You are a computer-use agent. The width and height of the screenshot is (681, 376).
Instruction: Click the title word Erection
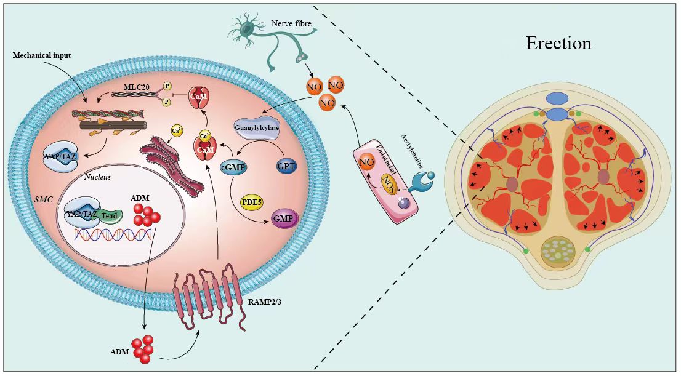(x=558, y=44)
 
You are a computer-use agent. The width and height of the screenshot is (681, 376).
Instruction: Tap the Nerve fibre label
(x=291, y=24)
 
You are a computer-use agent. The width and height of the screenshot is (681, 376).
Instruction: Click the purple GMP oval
(x=284, y=218)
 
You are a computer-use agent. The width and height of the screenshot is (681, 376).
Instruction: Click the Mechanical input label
(x=42, y=56)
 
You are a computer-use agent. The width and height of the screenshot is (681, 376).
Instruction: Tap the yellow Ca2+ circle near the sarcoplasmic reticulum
(x=177, y=131)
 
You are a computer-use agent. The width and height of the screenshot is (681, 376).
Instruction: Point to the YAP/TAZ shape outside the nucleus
(x=60, y=155)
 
